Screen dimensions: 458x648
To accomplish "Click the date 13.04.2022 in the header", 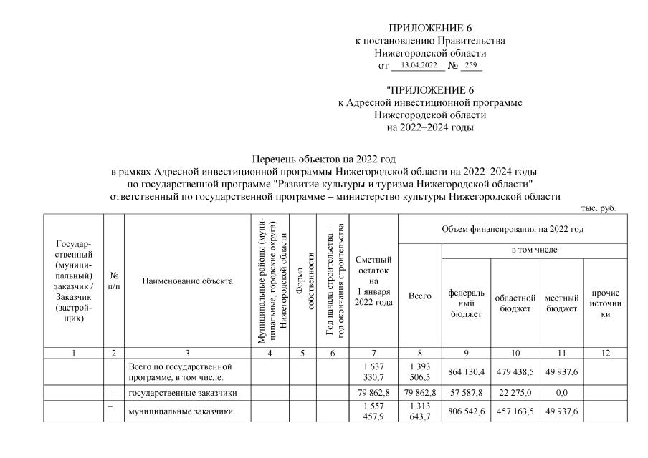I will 419,66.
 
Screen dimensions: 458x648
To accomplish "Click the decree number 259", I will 471,66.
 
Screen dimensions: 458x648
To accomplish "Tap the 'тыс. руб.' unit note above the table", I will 601,208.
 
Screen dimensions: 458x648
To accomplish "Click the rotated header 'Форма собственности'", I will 302,281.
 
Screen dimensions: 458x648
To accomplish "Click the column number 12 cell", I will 606,353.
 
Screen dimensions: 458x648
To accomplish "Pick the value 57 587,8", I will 466,393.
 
